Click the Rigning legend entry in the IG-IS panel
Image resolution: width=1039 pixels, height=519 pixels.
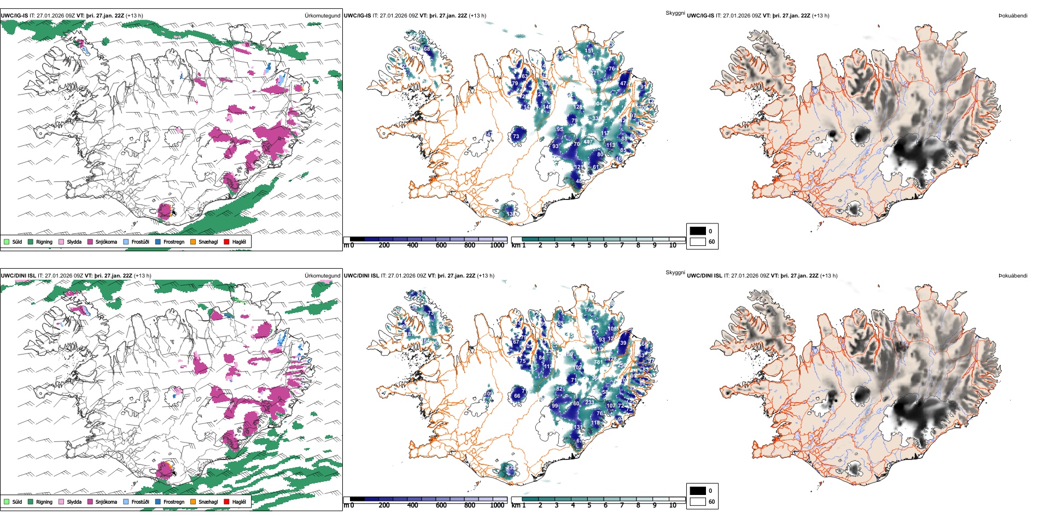tap(40, 241)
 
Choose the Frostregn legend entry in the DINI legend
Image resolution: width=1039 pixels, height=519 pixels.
tap(170, 502)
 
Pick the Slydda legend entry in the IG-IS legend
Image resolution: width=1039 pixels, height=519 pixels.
tap(70, 241)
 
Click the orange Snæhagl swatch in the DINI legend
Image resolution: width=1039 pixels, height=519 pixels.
tap(193, 502)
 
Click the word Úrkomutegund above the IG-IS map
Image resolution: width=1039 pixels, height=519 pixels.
tap(322, 16)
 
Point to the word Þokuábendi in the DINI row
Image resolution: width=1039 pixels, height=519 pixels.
tap(1013, 276)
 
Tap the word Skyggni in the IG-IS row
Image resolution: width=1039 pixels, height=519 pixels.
tap(675, 13)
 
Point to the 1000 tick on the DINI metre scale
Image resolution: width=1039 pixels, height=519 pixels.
tap(497, 505)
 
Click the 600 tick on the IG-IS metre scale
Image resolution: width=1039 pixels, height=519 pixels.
tap(441, 245)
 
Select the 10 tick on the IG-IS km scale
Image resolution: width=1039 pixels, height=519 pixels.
tap(673, 245)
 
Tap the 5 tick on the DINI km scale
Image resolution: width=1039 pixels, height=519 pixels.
tap(589, 505)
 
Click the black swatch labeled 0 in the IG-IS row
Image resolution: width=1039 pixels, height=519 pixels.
tap(698, 231)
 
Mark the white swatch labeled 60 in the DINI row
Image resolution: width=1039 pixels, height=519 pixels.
tap(698, 502)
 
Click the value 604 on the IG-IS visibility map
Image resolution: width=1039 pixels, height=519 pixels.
tap(598, 104)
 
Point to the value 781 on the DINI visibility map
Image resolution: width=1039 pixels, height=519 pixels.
tap(598, 362)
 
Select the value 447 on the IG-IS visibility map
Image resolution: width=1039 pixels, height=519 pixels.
tap(588, 142)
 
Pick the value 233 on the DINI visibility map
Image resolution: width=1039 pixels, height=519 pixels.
tap(589, 403)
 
